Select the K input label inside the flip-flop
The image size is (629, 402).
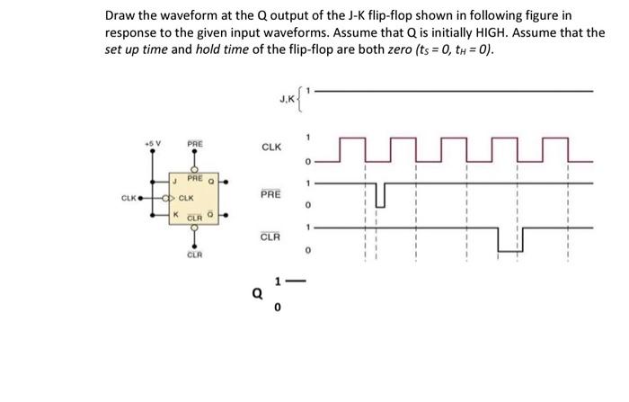click(x=178, y=214)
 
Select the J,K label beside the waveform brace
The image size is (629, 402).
click(x=288, y=101)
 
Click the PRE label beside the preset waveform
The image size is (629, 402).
click(x=270, y=194)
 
